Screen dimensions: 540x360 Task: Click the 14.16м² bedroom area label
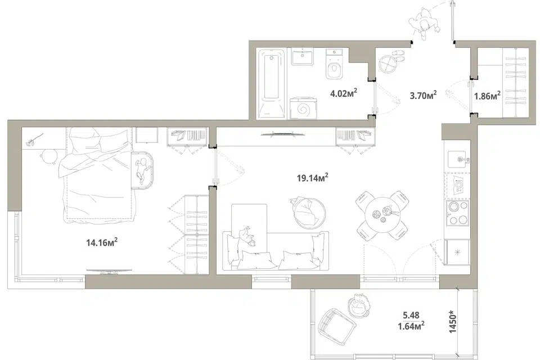pos(102,242)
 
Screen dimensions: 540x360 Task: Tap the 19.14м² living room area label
pos(312,177)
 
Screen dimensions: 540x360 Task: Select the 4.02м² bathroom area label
pos(343,93)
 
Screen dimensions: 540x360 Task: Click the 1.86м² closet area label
pos(487,96)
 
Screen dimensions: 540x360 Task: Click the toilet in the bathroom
pos(334,64)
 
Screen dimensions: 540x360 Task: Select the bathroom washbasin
pos(303,56)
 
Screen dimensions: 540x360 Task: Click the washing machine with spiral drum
pos(303,108)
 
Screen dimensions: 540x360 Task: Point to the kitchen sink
pos(458,159)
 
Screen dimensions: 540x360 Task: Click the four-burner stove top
pos(458,213)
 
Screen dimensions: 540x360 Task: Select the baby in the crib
pos(142,170)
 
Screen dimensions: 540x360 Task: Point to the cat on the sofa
pos(246,236)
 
